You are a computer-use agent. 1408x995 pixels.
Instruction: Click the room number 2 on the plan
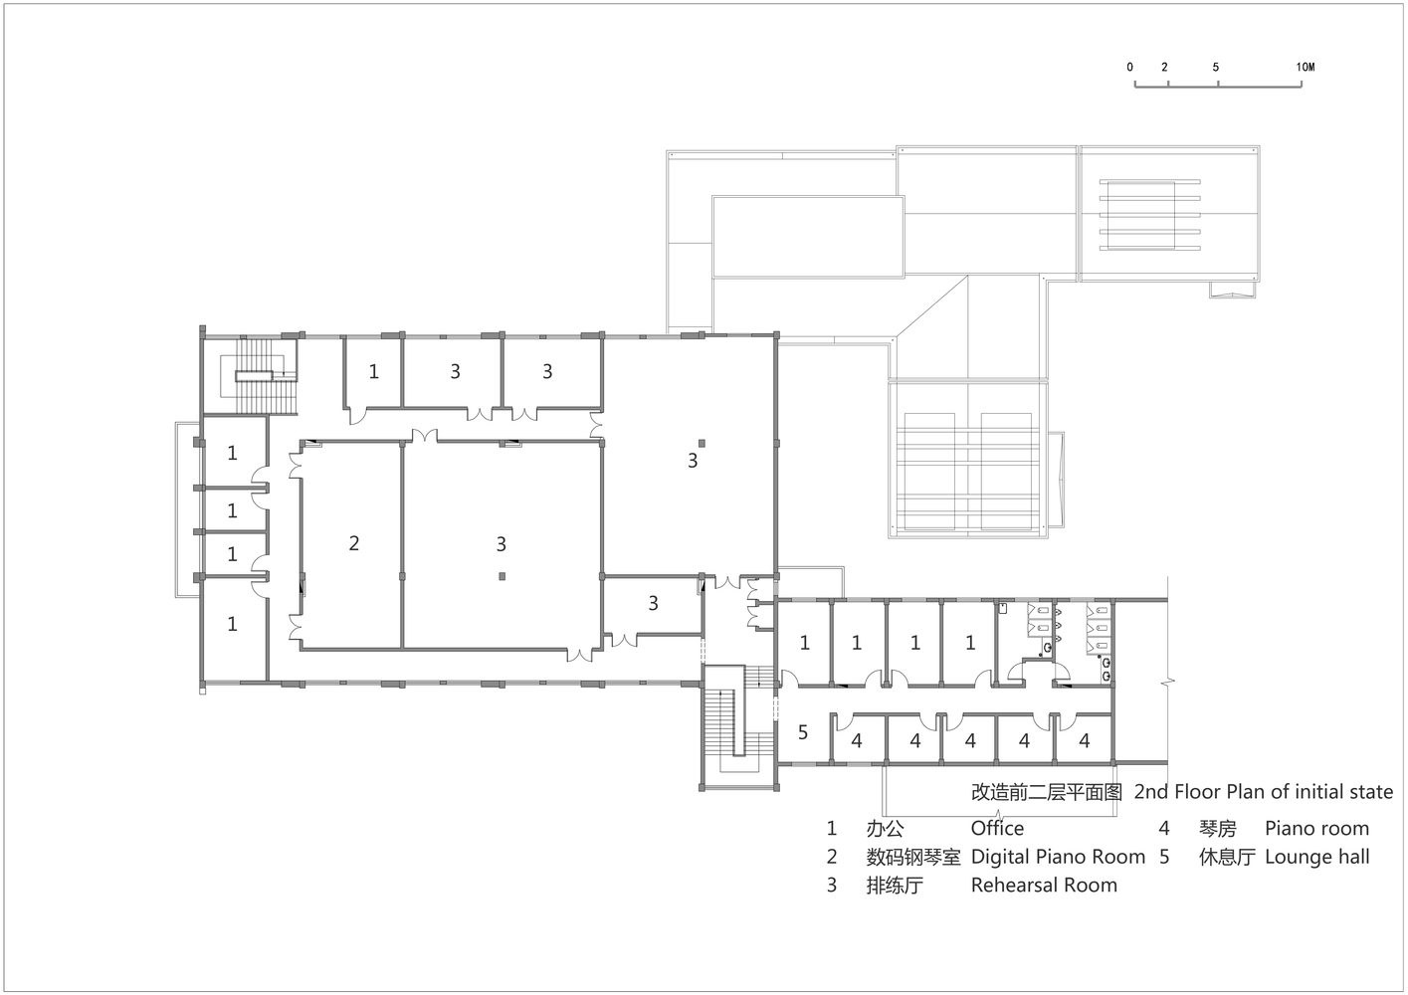(354, 543)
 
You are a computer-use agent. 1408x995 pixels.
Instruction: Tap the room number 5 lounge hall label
(803, 732)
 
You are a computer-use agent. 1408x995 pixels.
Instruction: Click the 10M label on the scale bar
(1305, 68)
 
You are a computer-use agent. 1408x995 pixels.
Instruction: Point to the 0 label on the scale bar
(1129, 68)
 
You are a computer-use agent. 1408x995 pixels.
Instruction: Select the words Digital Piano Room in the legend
(1058, 857)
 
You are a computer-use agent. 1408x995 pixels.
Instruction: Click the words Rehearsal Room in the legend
(1044, 885)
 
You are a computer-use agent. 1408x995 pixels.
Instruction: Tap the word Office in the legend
(998, 829)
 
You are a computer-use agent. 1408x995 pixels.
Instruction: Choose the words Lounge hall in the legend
(1316, 857)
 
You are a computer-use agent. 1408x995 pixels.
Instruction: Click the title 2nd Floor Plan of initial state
(1264, 792)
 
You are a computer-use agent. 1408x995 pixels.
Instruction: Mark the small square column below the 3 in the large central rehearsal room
(502, 576)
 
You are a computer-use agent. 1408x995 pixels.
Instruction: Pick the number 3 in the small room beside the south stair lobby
(653, 603)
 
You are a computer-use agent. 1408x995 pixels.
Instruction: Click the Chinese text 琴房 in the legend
(1218, 829)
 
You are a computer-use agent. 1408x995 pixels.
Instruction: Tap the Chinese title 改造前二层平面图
(1047, 792)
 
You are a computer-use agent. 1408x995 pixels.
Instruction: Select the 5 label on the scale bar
(1216, 68)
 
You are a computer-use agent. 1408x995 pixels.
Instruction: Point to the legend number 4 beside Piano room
(1164, 829)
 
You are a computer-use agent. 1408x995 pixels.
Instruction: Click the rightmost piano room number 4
(1085, 741)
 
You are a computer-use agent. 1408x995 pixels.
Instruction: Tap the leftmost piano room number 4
(856, 741)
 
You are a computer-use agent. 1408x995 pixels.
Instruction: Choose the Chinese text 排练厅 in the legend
(895, 886)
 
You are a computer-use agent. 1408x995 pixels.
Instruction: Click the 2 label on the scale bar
(1164, 68)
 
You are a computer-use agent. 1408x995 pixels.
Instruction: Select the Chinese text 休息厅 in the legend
(1227, 858)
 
